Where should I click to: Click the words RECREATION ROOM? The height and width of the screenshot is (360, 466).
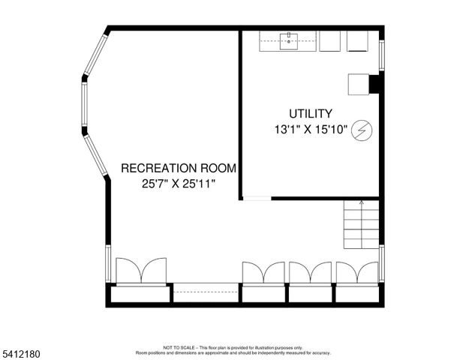179,168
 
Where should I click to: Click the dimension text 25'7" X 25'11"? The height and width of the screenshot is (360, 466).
179,184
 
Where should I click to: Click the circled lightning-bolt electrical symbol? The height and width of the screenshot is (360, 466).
362,130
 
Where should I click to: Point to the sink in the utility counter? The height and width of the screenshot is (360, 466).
290,41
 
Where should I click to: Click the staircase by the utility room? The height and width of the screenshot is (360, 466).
362,225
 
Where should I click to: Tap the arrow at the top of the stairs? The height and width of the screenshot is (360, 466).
362,202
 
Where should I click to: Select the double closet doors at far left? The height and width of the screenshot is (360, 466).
141,271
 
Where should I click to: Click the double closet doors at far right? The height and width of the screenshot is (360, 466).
357,272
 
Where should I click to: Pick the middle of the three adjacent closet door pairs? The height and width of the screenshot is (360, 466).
311,272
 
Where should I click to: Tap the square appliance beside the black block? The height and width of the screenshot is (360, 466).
357,84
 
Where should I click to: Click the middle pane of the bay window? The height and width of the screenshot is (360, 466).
85,106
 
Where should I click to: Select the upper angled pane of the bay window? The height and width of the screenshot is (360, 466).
96,54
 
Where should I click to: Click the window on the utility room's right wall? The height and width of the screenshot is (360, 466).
381,54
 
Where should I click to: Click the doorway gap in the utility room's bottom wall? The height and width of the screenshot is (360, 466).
257,198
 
